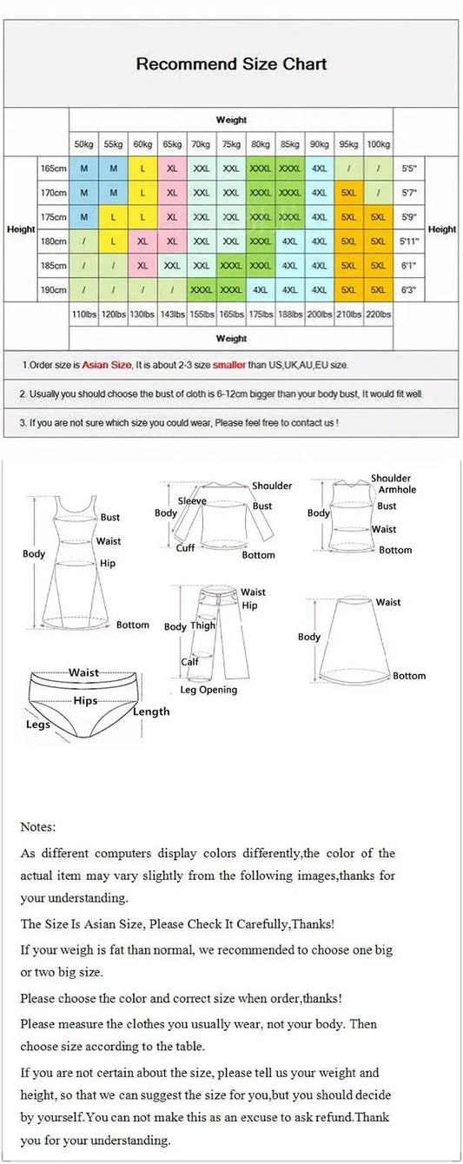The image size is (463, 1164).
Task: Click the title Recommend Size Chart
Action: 231,64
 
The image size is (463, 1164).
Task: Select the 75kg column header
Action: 231,143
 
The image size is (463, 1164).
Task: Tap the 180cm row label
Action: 53,241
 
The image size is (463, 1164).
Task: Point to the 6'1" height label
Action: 408,265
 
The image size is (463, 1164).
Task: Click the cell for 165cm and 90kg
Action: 320,168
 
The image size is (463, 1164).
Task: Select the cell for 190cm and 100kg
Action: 378,289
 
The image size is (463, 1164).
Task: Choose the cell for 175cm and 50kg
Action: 83,216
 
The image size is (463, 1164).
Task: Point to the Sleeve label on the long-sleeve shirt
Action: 192,501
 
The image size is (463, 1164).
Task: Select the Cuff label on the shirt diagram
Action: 186,548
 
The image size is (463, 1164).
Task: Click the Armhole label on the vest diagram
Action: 397,490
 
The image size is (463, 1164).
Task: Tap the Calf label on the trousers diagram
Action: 189,662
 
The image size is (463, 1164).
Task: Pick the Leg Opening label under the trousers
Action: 208,690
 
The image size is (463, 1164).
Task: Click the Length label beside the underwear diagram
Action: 151,711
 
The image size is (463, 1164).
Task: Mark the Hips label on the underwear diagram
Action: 85,700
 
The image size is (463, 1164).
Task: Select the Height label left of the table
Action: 21,229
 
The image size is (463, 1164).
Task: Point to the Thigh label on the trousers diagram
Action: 203,625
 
